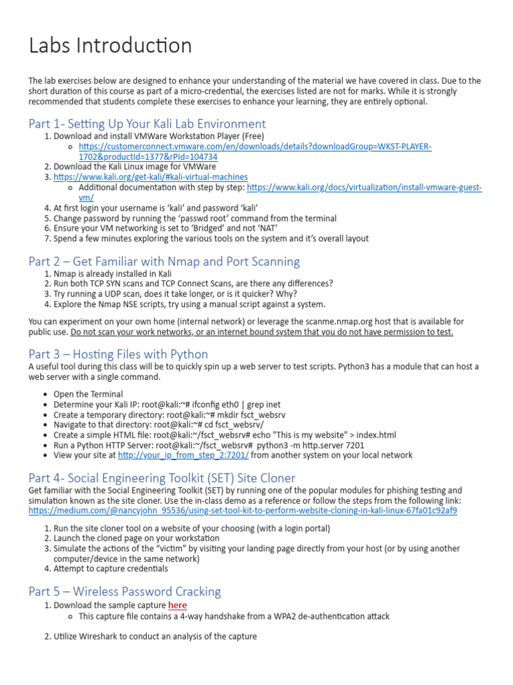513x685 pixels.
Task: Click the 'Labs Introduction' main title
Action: point(110,45)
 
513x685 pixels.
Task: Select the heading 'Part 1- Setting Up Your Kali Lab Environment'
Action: point(147,124)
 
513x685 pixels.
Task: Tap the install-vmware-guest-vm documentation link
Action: point(364,187)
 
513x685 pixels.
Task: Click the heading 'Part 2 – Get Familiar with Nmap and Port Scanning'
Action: point(164,262)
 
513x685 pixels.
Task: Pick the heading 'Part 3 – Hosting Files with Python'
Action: point(118,354)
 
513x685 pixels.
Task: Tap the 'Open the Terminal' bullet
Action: point(88,394)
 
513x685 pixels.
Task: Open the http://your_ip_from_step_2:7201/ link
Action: point(183,455)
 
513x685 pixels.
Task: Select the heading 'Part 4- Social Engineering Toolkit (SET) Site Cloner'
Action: point(162,478)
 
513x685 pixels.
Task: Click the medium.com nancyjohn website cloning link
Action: point(242,510)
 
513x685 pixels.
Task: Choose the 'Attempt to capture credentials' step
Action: point(111,569)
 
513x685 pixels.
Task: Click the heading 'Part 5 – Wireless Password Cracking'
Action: point(124,591)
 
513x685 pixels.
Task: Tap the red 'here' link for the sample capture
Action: point(177,605)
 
